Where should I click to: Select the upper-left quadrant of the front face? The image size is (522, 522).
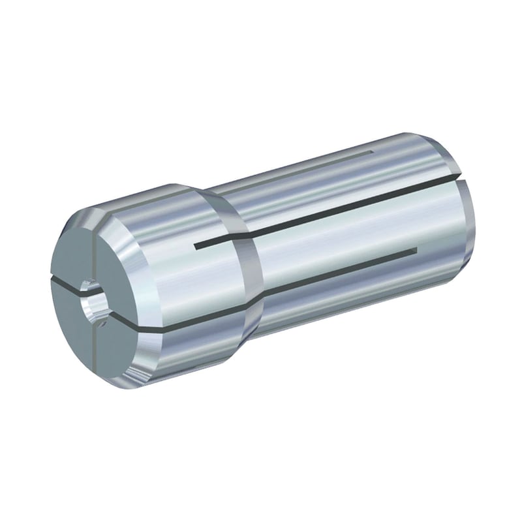tap(70, 251)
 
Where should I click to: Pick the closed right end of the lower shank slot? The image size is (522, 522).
tap(414, 250)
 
